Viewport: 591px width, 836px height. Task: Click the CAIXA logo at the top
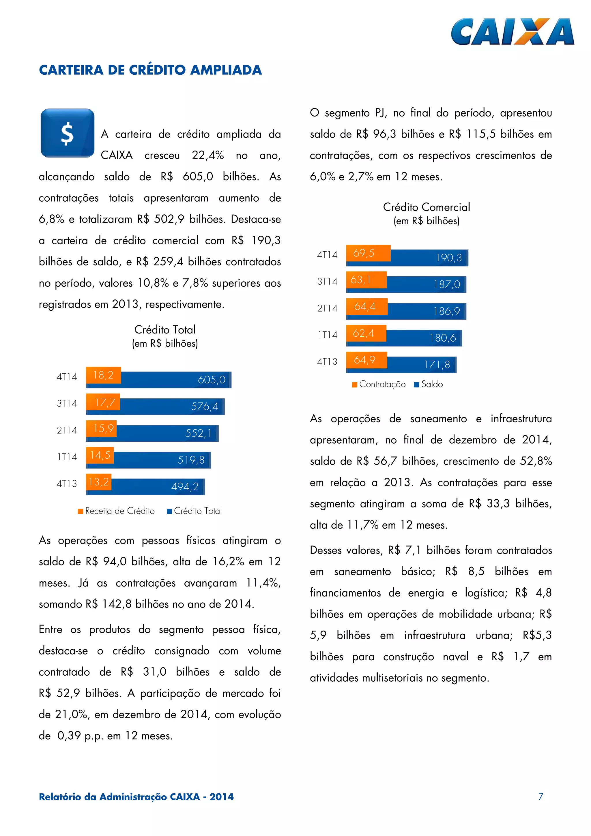coord(512,32)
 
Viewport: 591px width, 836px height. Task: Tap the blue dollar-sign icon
coord(67,133)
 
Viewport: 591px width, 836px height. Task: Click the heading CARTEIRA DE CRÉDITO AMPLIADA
coord(150,70)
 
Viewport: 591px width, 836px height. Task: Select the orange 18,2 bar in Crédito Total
coord(103,375)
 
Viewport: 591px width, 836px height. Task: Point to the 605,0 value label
coord(212,380)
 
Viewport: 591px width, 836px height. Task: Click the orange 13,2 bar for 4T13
coord(99,482)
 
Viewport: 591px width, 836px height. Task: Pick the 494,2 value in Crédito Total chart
coord(185,486)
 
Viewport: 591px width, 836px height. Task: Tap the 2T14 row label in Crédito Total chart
coord(67,430)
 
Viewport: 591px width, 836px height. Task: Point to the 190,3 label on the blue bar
coord(449,258)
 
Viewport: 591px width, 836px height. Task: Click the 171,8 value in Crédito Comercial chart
coord(437,364)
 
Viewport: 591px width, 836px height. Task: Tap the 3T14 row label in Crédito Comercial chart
coord(327,282)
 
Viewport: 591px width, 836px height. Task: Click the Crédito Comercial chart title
coord(427,207)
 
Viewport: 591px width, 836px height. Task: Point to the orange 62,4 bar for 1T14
coord(366,333)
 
